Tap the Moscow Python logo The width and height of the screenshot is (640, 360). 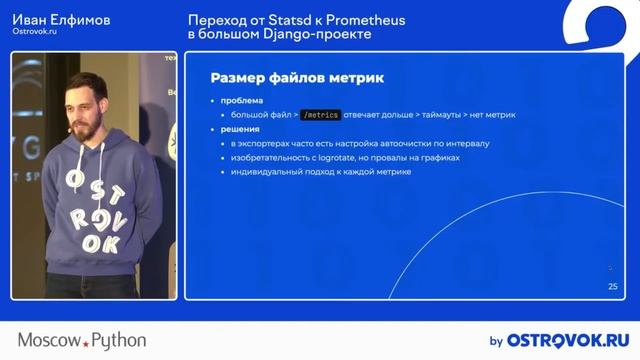[x=82, y=341]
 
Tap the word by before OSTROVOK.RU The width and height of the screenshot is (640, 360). [x=495, y=341]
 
